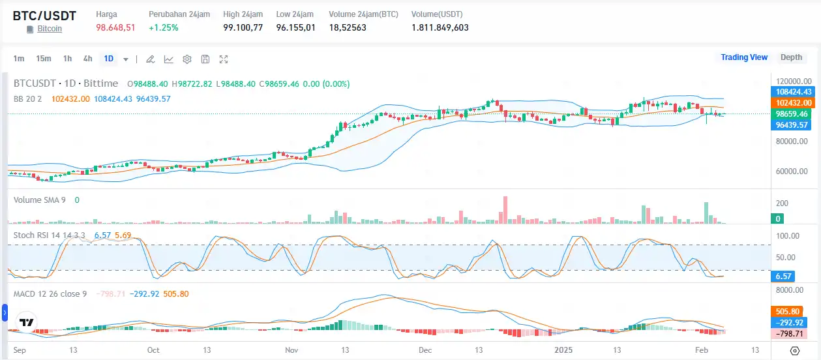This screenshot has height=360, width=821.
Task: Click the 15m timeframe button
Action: click(44, 59)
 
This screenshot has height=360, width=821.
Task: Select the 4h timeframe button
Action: click(87, 59)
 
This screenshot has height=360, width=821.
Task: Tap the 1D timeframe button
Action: click(108, 59)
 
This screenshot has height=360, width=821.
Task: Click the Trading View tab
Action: click(743, 57)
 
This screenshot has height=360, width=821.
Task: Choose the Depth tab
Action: click(791, 57)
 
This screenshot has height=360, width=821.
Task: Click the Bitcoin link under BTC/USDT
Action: click(50, 29)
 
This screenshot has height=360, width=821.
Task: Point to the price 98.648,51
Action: click(115, 27)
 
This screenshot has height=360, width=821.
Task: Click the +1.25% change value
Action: click(163, 27)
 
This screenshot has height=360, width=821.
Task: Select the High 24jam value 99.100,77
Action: click(243, 27)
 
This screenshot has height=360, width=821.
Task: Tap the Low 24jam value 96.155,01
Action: click(295, 27)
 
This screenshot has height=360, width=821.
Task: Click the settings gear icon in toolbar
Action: click(187, 59)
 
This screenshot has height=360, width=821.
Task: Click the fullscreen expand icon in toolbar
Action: click(224, 59)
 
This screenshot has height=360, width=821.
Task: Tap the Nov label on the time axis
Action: click(291, 350)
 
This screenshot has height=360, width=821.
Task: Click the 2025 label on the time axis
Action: click(563, 350)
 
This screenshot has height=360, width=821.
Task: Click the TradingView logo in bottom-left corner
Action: click(27, 323)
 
